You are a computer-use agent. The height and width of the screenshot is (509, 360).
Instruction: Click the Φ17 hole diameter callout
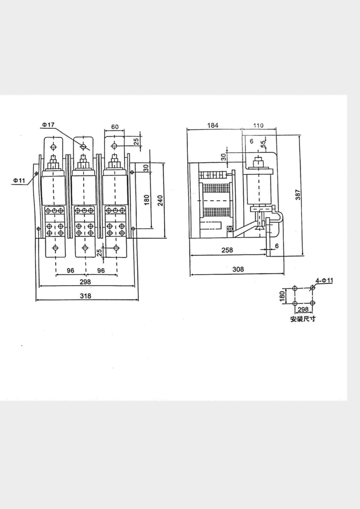(x=48, y=125)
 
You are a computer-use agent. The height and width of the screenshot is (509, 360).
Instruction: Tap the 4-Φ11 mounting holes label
(x=324, y=281)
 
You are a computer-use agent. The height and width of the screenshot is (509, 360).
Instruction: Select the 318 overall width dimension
(x=86, y=296)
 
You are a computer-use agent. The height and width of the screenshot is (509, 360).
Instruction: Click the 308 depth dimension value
(x=238, y=269)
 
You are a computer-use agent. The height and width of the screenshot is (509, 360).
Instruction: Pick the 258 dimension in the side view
(x=227, y=250)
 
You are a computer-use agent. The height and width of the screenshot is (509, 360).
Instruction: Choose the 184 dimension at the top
(x=213, y=125)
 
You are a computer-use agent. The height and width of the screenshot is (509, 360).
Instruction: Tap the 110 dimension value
(x=258, y=126)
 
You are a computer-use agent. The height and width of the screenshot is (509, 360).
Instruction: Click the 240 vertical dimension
(x=160, y=200)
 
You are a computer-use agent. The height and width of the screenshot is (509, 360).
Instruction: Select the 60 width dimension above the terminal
(x=115, y=127)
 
